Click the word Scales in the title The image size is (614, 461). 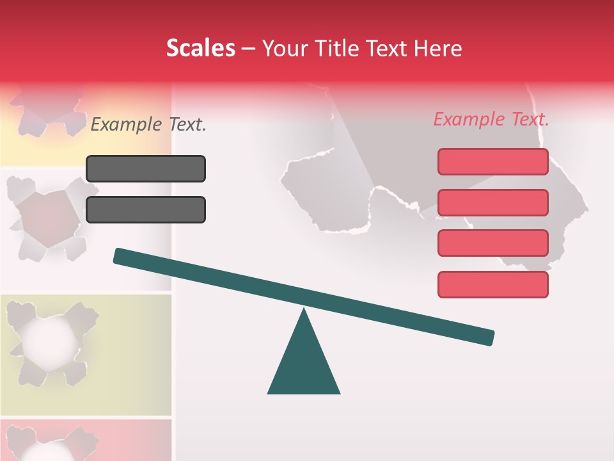click(x=200, y=49)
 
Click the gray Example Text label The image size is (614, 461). click(x=148, y=125)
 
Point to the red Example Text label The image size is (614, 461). click(x=491, y=119)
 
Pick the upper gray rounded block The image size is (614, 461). click(x=146, y=168)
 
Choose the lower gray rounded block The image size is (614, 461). click(x=146, y=209)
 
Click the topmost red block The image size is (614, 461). click(x=492, y=161)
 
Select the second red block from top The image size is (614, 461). click(x=492, y=202)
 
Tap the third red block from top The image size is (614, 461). click(x=492, y=243)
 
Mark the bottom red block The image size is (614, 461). click(x=492, y=284)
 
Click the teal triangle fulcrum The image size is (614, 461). click(x=304, y=362)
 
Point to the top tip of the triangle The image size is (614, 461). click(x=304, y=310)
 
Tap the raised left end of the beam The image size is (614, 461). click(x=118, y=255)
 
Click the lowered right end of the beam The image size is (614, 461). click(x=489, y=337)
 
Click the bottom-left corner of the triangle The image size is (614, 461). click(x=269, y=393)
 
